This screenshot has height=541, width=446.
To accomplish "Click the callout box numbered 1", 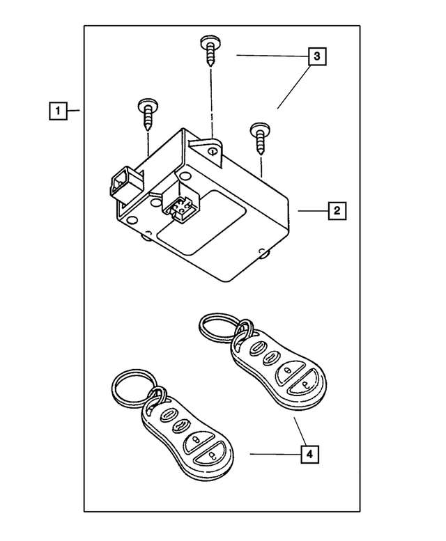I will (58, 111).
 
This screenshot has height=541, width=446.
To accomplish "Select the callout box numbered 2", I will (335, 210).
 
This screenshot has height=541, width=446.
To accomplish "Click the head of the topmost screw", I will (209, 42).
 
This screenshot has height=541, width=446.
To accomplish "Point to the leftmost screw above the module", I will (148, 113).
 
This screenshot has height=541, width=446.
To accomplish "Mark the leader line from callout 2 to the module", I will (310, 210).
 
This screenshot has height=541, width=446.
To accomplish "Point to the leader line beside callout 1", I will (76, 111).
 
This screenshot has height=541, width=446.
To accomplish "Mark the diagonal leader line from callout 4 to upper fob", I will (299, 429).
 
